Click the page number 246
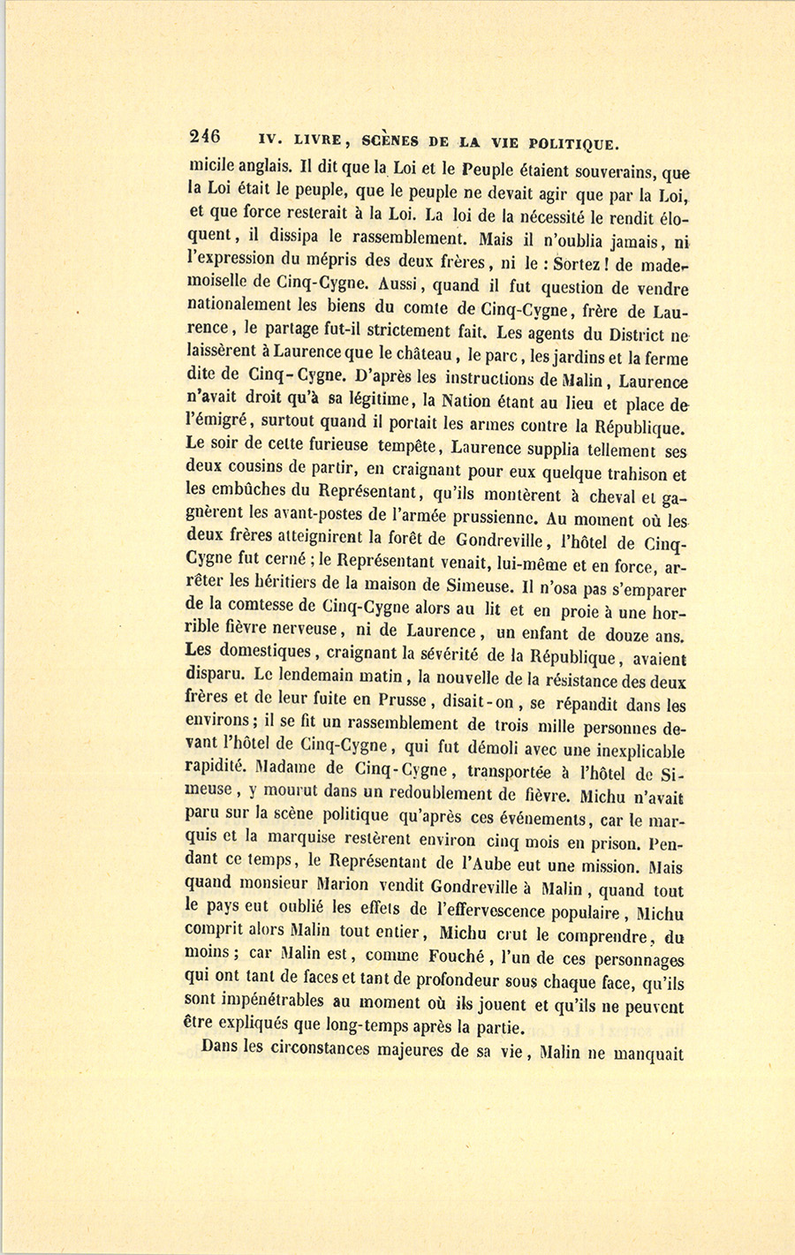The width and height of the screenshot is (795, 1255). (204, 137)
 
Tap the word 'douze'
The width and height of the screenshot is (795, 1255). (627, 634)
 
